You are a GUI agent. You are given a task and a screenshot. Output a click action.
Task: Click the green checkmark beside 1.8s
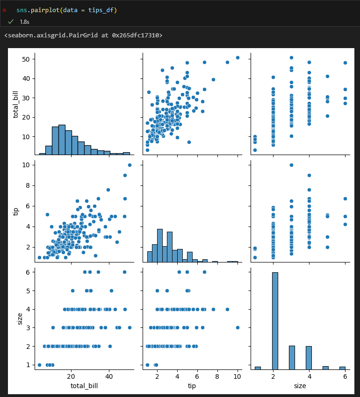[11, 21]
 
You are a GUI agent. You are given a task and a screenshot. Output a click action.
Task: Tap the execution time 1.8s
[24, 22]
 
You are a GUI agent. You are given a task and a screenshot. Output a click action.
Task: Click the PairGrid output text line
[83, 35]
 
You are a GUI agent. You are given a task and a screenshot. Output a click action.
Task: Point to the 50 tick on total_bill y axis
[26, 59]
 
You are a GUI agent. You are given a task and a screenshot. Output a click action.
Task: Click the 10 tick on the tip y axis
[26, 165]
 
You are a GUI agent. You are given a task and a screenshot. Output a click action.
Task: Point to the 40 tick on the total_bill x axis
[109, 376]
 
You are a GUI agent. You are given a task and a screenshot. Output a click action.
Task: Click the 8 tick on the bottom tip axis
[217, 376]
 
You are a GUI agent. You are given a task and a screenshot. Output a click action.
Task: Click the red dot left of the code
[4, 10]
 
